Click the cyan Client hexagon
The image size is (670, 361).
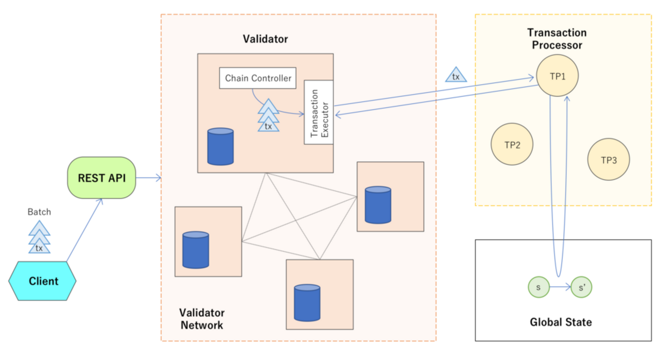(43, 281)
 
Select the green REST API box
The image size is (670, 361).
(102, 178)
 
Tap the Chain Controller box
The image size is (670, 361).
(258, 78)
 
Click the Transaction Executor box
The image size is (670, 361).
(319, 112)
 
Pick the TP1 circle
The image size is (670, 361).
(557, 76)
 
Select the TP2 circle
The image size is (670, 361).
(512, 144)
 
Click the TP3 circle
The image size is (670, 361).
(609, 159)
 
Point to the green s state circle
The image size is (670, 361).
(538, 287)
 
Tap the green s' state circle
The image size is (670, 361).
(582, 287)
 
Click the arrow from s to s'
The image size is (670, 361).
(560, 287)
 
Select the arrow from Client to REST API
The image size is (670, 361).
(85, 230)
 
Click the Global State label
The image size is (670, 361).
(561, 322)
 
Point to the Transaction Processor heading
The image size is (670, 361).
(557, 39)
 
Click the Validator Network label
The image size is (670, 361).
(202, 319)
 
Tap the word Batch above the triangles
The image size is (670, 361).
(39, 212)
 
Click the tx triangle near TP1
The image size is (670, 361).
(456, 76)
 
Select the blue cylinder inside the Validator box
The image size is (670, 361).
(220, 147)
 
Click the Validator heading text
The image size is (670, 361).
(265, 39)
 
